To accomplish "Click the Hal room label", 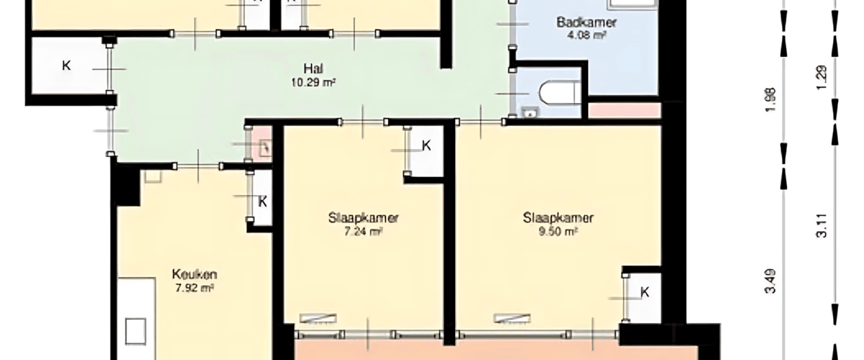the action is click(313, 68).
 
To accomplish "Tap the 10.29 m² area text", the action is click(313, 82).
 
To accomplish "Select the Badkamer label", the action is click(586, 22).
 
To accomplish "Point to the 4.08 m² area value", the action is click(586, 35).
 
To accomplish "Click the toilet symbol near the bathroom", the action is click(559, 93).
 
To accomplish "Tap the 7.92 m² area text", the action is click(194, 288).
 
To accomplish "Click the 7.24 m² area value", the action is click(363, 232).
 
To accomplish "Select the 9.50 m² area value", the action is click(558, 232).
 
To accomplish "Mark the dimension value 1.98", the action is click(770, 100).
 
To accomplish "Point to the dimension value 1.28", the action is click(822, 78).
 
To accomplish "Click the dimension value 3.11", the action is click(822, 226).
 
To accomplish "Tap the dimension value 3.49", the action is click(770, 282).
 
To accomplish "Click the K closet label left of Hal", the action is click(66, 66).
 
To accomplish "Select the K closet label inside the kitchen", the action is click(263, 202).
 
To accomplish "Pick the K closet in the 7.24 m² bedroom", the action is click(426, 145).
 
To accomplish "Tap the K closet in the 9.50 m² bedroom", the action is click(644, 292).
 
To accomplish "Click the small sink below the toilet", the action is click(531, 112).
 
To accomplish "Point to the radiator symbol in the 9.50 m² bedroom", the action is click(512, 318).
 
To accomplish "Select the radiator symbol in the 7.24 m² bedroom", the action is click(318, 318).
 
